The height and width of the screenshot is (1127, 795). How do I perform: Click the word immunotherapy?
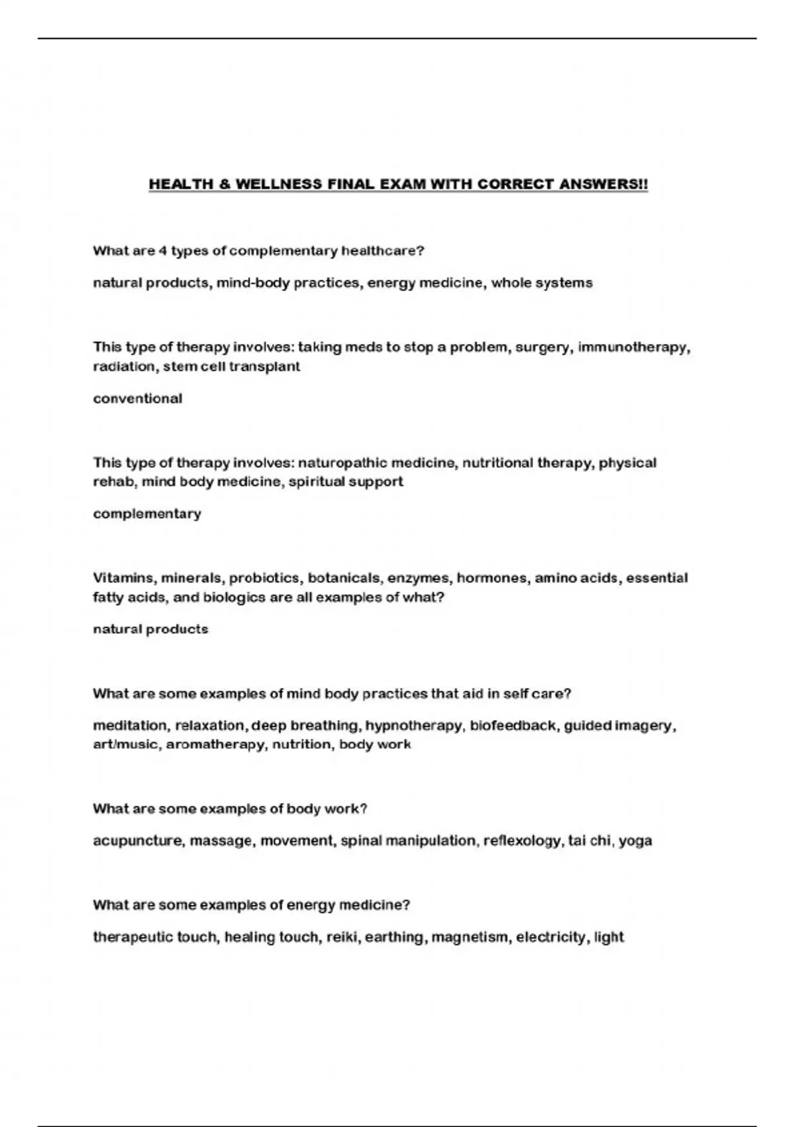tap(633, 347)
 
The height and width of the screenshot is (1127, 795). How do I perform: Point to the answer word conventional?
tap(137, 398)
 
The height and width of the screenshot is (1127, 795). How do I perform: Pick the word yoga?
tap(635, 841)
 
